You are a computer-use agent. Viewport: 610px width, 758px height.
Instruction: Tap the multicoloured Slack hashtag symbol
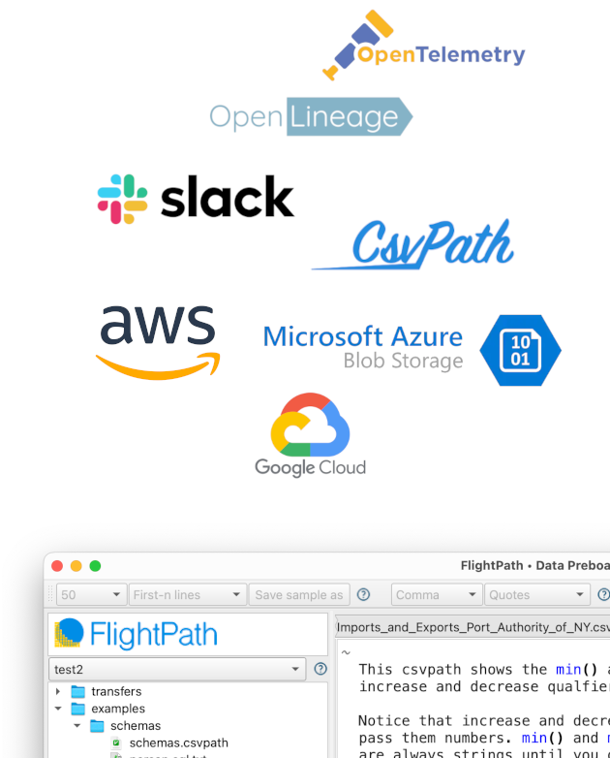click(x=123, y=199)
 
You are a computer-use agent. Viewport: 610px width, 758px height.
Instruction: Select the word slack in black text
click(x=227, y=198)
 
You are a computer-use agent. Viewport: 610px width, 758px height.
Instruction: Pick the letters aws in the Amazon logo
click(x=157, y=326)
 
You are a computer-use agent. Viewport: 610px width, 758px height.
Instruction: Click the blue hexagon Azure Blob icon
click(x=520, y=350)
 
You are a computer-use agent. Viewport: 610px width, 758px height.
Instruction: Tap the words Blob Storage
click(x=403, y=362)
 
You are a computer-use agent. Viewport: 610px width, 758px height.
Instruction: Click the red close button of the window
click(x=57, y=566)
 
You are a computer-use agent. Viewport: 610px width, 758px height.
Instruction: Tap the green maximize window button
click(x=95, y=566)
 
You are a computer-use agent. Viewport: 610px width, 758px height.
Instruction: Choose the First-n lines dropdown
click(x=188, y=595)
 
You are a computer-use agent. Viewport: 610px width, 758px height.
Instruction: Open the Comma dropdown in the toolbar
click(x=436, y=595)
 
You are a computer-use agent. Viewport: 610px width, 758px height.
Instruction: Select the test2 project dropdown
click(x=178, y=669)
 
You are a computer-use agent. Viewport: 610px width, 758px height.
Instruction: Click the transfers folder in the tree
click(x=115, y=691)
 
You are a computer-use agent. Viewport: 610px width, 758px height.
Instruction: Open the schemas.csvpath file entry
click(x=178, y=743)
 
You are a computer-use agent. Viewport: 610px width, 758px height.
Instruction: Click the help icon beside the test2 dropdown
click(x=320, y=669)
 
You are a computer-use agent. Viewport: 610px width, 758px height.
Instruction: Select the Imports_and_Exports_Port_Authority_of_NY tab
click(x=473, y=627)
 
